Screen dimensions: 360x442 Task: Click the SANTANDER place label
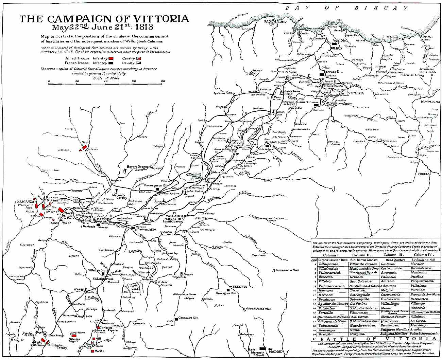click(275, 21)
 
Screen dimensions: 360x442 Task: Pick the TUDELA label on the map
click(424, 174)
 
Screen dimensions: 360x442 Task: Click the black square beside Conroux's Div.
click(176, 319)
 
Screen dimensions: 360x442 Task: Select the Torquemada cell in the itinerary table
click(422, 281)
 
